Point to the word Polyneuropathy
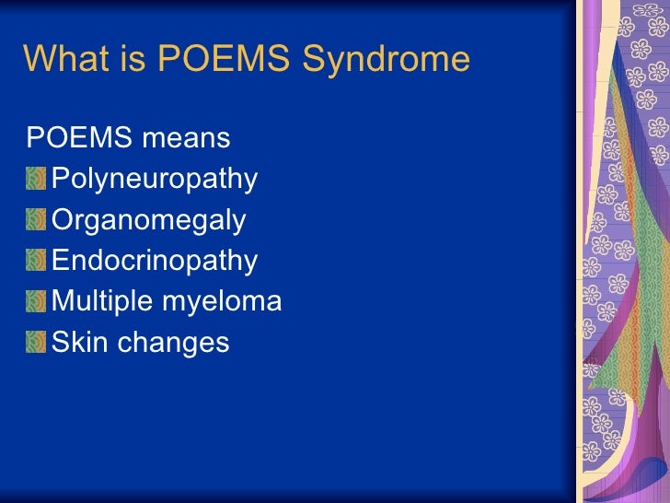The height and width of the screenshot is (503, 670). tap(155, 180)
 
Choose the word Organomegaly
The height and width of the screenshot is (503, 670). tap(149, 221)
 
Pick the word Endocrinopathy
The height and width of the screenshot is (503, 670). tap(155, 261)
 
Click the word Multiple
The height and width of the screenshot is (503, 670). tap(102, 301)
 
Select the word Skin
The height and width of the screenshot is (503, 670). tap(76, 342)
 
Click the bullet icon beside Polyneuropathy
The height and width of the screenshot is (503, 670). tap(36, 179)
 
